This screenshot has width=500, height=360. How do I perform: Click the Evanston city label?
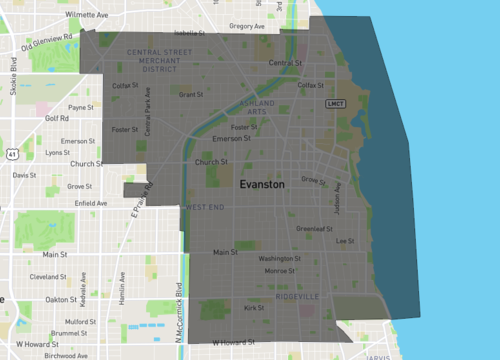pyautogui.click(x=262, y=185)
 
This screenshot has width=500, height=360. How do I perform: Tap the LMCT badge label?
pyautogui.click(x=334, y=103)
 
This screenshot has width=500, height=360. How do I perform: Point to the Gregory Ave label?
pyautogui.click(x=245, y=26)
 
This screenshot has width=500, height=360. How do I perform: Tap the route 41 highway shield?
pyautogui.click(x=11, y=155)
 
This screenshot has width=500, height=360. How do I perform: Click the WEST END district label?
pyautogui.click(x=204, y=207)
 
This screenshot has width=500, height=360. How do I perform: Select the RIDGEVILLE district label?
pyautogui.click(x=297, y=297)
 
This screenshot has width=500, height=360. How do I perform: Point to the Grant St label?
pyautogui.click(x=189, y=95)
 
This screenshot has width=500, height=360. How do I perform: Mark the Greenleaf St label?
pyautogui.click(x=314, y=228)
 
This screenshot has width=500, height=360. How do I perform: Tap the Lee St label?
pyautogui.click(x=346, y=241)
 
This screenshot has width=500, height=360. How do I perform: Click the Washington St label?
pyautogui.click(x=279, y=259)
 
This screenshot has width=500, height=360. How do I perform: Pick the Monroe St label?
pyautogui.click(x=279, y=271)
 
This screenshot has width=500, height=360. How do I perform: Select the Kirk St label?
pyautogui.click(x=254, y=308)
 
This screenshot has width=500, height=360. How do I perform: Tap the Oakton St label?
pyautogui.click(x=62, y=299)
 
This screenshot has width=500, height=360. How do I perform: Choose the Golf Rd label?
pyautogui.click(x=56, y=118)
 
